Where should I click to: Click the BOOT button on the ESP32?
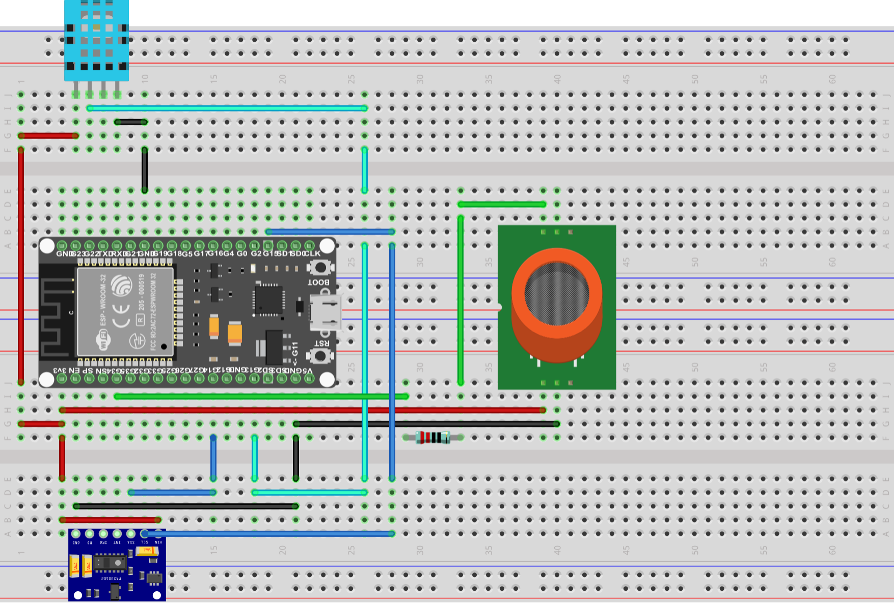[x=320, y=267]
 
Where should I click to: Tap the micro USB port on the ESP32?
[x=326, y=312]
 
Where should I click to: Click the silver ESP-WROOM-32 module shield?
[x=125, y=311]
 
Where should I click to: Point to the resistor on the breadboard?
[x=432, y=437]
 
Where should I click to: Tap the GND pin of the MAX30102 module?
[x=76, y=534]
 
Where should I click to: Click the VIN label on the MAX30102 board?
[x=158, y=542]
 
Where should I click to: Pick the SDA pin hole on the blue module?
[x=131, y=534]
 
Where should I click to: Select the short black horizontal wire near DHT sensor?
[x=131, y=122]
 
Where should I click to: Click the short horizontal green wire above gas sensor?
[x=502, y=205]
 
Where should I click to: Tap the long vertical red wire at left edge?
[x=21, y=265]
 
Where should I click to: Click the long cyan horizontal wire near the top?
[x=227, y=108]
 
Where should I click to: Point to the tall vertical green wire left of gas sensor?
[x=460, y=300]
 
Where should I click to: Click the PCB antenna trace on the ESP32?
[x=57, y=315]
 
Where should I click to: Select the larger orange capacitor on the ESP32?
[x=235, y=333]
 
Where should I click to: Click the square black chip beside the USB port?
[x=268, y=300]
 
